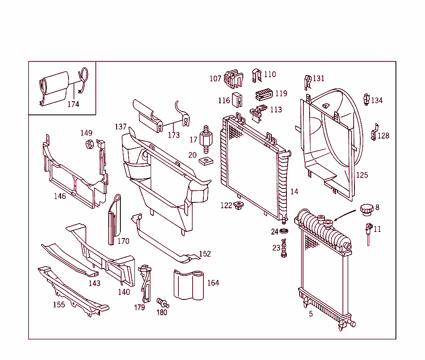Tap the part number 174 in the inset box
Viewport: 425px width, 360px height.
73,104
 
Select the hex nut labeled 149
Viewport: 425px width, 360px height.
88,144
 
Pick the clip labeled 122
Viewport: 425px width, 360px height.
239,205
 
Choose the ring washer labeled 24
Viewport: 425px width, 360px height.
284,231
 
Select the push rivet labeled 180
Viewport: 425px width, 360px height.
162,302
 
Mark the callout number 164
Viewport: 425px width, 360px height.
213,283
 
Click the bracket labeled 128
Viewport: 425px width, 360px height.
374,132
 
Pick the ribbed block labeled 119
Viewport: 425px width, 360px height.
264,94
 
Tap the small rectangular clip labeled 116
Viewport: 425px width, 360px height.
237,100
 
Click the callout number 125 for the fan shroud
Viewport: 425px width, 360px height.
362,175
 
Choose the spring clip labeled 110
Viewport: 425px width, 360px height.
256,75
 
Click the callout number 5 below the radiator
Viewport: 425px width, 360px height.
311,314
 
